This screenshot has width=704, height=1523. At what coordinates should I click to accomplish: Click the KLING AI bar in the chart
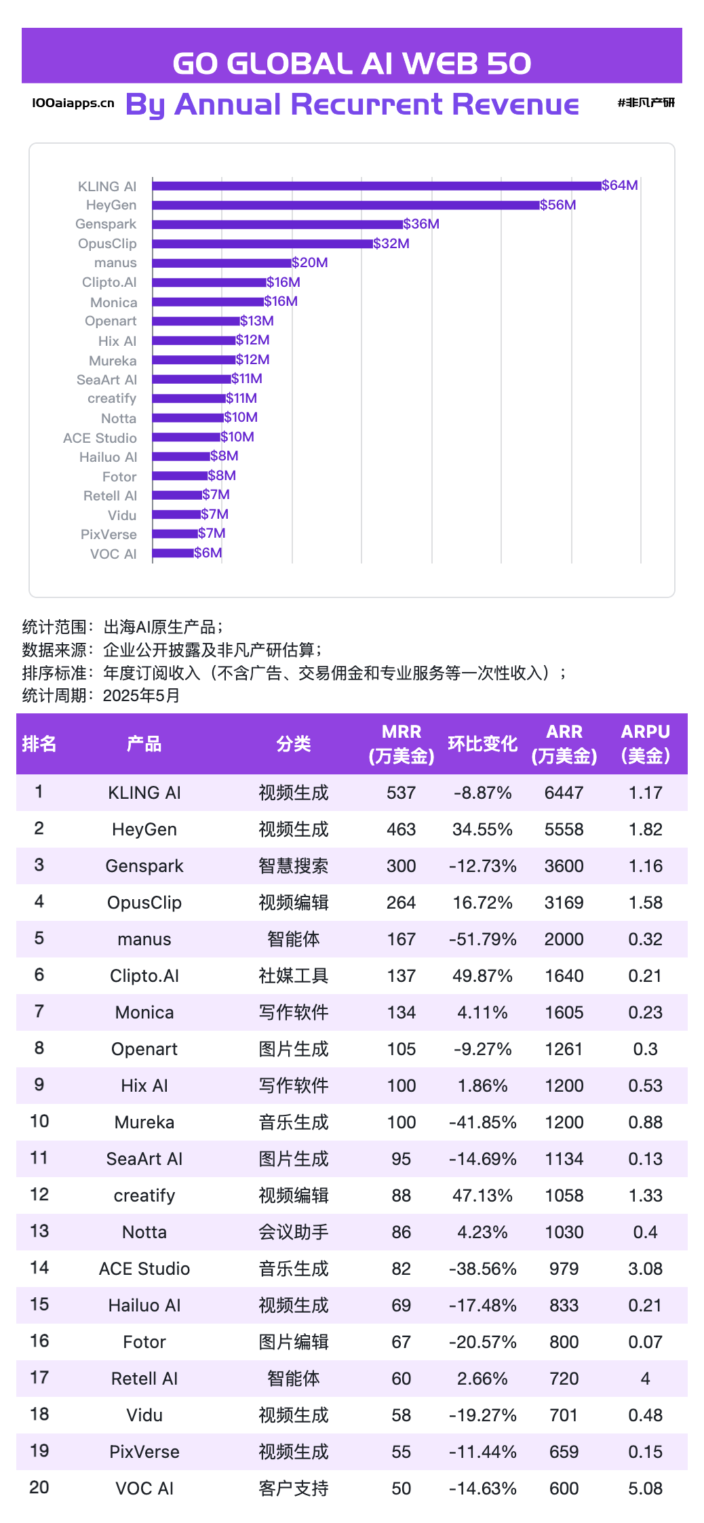(x=376, y=186)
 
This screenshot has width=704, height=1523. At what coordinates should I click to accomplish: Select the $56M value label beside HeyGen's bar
(x=558, y=205)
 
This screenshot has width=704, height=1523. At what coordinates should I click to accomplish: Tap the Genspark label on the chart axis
(x=106, y=224)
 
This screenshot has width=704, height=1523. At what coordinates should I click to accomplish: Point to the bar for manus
(x=222, y=263)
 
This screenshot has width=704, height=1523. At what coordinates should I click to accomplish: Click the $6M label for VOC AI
(x=208, y=553)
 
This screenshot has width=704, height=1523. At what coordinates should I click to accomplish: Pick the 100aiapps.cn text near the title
(x=73, y=103)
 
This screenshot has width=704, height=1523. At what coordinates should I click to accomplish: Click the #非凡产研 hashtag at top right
(x=646, y=103)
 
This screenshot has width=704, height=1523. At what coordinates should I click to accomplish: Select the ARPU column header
(x=645, y=744)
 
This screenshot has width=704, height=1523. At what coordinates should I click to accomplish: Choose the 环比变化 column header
(x=482, y=744)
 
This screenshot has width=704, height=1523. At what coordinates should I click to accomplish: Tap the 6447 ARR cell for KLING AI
(x=564, y=793)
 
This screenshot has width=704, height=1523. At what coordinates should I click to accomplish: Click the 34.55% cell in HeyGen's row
(x=482, y=829)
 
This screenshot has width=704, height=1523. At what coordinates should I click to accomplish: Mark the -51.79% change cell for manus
(x=482, y=939)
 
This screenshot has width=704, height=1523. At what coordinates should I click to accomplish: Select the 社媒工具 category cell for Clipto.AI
(x=293, y=976)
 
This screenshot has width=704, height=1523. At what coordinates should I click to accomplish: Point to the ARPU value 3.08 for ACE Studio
(x=645, y=1269)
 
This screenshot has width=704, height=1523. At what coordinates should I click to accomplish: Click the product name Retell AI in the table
(x=144, y=1379)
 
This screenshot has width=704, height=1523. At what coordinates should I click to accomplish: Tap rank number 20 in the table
(x=39, y=1488)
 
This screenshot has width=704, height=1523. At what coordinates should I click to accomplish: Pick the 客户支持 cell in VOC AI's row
(x=293, y=1488)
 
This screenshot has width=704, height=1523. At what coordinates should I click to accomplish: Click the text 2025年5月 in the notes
(x=141, y=696)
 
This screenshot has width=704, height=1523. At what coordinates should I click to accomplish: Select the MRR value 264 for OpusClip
(x=401, y=903)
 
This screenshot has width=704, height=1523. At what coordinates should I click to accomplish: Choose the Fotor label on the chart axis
(x=119, y=477)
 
